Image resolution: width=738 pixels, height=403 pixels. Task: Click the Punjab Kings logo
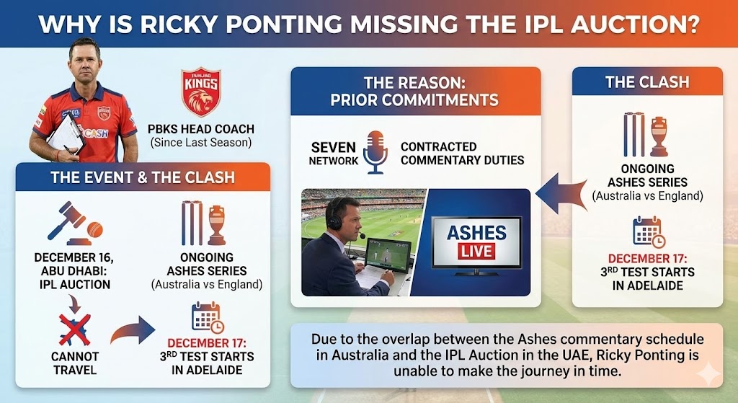(x=200, y=92)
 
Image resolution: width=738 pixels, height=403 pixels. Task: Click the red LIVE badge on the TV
(x=476, y=252)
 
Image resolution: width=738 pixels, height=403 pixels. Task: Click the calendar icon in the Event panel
(x=206, y=316)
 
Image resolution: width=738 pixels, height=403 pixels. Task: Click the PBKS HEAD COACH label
(x=200, y=130)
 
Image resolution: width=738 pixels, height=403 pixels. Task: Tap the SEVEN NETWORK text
(x=333, y=154)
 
